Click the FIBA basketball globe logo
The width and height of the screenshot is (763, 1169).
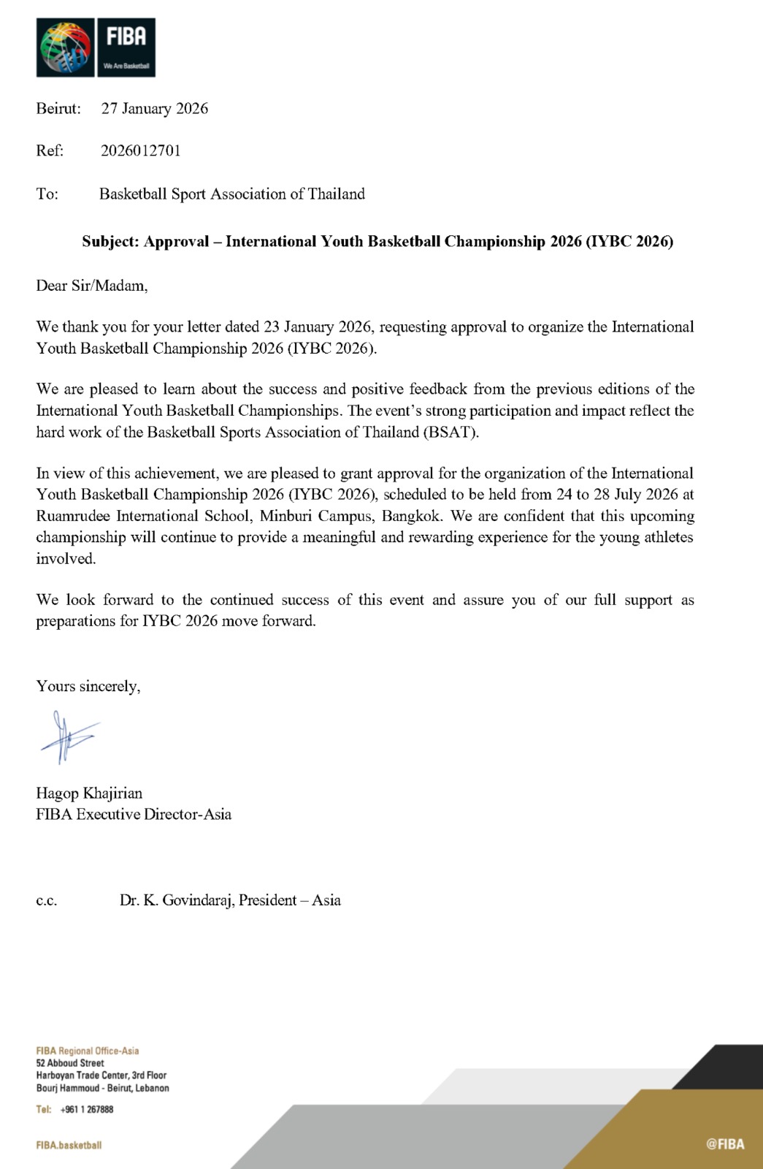[66, 47]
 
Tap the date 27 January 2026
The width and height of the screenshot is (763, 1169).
[155, 109]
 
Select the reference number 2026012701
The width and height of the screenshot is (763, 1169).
[141, 151]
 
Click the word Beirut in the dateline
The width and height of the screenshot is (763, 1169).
[58, 109]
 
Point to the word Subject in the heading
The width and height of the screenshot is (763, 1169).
[110, 242]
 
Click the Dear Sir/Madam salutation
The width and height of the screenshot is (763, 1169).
[92, 286]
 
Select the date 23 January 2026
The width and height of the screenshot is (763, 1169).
[318, 327]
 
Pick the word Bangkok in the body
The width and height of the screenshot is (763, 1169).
[411, 516]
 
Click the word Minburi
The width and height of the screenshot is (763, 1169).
[285, 516]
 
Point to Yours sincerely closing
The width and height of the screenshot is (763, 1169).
[88, 686]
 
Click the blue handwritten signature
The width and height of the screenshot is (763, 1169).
[69, 736]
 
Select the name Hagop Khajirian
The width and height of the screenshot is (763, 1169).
[89, 793]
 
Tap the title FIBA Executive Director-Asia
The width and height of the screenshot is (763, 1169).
[134, 815]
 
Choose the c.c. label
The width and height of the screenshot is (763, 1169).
[46, 901]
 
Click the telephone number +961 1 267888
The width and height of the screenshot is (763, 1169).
[87, 1109]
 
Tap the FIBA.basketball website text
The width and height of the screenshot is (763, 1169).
[69, 1145]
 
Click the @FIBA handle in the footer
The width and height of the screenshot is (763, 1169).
[725, 1144]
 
